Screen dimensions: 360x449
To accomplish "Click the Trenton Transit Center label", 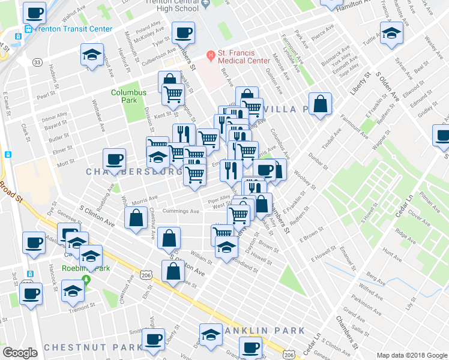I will click(66, 28).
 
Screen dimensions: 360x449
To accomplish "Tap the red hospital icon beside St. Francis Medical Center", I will click(211, 56).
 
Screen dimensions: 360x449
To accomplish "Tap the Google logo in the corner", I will click(20, 353).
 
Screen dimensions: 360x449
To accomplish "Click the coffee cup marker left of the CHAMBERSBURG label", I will click(114, 160).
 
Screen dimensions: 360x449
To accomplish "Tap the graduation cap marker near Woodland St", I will click(226, 247).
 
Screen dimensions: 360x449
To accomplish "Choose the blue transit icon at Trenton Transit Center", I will click(28, 29).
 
